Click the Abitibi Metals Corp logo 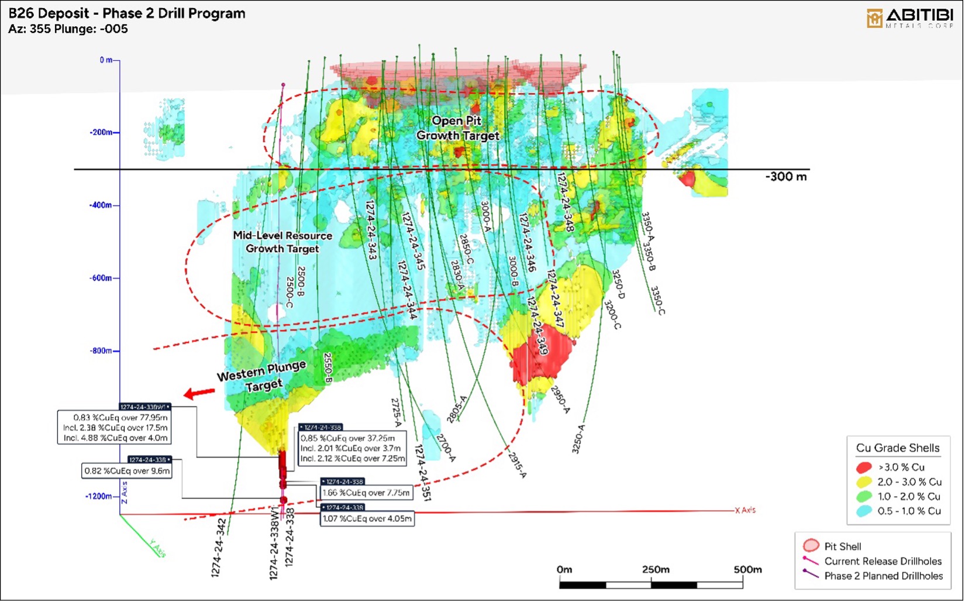click(x=909, y=18)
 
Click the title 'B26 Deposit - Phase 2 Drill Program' click(x=127, y=13)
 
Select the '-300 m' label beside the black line click(x=785, y=177)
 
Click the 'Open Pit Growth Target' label click(x=457, y=128)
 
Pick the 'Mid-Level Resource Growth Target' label click(x=282, y=242)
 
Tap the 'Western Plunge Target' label click(x=263, y=377)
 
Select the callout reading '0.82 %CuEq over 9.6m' click(x=127, y=471)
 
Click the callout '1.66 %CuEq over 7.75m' click(x=366, y=493)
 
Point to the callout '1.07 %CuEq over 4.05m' click(x=367, y=518)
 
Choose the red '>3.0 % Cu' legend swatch click(x=864, y=467)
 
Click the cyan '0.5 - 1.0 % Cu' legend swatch click(x=864, y=511)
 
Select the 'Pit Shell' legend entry click(x=842, y=546)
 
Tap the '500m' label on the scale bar click(x=747, y=569)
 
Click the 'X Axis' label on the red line click(x=745, y=510)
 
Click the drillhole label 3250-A click(x=578, y=439)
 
